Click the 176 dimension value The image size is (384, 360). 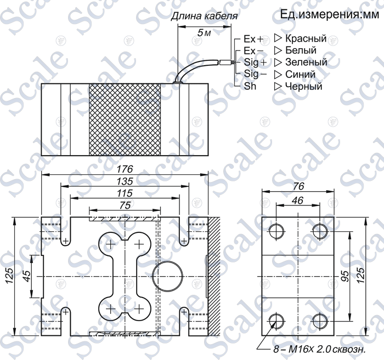(125, 169)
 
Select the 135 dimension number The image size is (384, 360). (125, 181)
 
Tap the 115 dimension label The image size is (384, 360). (125, 193)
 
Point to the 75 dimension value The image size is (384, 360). (125, 205)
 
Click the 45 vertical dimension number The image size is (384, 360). (27, 276)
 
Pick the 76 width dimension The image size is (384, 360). (298, 187)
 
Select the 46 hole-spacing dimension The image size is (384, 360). (298, 201)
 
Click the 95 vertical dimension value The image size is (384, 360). (345, 276)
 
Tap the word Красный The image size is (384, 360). (306, 38)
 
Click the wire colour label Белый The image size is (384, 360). (301, 50)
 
